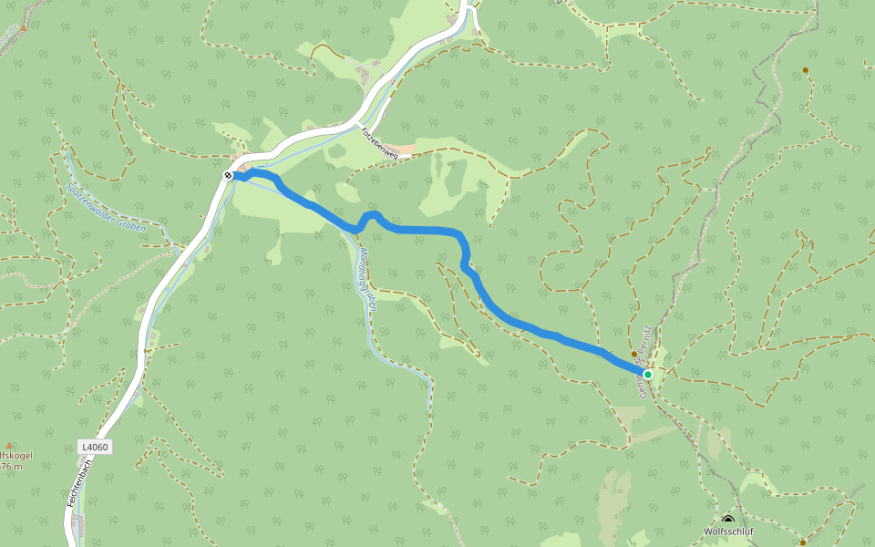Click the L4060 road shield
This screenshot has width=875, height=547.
coord(94,447)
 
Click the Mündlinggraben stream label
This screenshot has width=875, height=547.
coord(367,277)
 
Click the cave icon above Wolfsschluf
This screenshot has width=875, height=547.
coord(727,520)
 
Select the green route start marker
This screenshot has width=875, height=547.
coord(648,374)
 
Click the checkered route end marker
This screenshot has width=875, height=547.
coord(228,175)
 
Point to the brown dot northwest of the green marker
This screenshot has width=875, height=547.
coord(634,354)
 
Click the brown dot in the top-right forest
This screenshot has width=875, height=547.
coord(806,70)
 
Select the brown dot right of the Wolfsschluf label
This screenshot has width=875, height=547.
coord(803,542)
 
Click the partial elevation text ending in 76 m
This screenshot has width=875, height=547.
coord(11,467)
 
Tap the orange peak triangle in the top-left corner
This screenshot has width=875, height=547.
coord(24,27)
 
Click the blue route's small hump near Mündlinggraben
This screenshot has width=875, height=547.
coord(369,216)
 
